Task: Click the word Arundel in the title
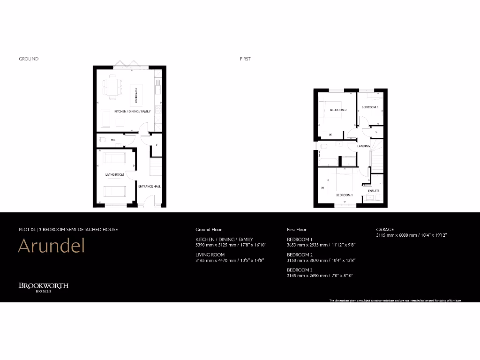coord(51,246)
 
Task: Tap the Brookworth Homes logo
coord(44,286)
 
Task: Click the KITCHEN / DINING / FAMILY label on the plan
coord(133,112)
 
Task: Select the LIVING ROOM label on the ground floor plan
coord(115,175)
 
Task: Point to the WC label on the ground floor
coord(113,140)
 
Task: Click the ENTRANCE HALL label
coord(150,187)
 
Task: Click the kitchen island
coord(136,95)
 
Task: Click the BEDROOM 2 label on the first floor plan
coord(338,110)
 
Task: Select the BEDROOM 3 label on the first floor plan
coord(370,107)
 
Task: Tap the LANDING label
coord(364,146)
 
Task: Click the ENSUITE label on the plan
coord(374,191)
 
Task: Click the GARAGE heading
coord(385,230)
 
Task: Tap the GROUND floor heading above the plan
coord(29,59)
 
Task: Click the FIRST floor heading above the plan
coord(245,59)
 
